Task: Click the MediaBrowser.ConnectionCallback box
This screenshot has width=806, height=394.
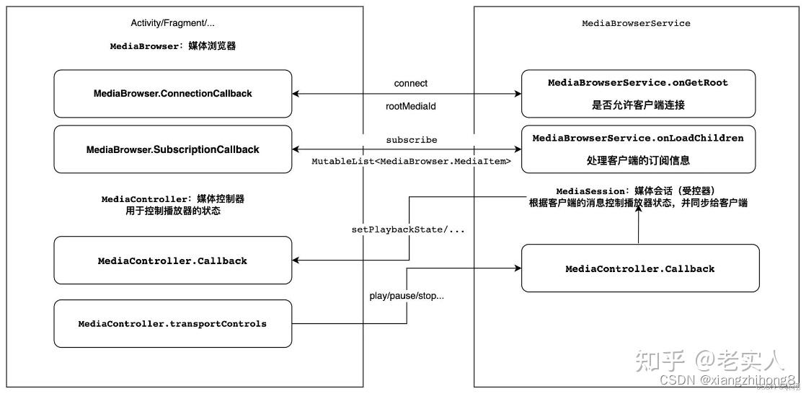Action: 173,94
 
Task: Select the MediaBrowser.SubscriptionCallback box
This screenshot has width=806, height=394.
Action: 173,149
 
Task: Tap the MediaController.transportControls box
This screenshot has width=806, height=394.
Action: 173,324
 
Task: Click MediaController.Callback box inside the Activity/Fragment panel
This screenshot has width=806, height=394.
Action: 173,261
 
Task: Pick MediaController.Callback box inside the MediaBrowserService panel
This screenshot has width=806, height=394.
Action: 639,268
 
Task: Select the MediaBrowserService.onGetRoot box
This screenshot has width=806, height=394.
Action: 638,94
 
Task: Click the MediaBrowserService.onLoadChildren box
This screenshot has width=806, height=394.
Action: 638,149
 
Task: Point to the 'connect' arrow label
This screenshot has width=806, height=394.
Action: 411,84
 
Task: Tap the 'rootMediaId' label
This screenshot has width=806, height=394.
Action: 410,105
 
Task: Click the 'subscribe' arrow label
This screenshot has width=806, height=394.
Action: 411,140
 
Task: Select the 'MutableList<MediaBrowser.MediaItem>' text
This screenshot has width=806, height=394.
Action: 411,162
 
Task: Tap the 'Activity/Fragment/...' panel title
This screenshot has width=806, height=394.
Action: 173,23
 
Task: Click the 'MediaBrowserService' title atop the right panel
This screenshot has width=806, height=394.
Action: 636,23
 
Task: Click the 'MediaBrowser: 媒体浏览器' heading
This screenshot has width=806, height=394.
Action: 173,45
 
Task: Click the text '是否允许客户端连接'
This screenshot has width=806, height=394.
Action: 638,105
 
